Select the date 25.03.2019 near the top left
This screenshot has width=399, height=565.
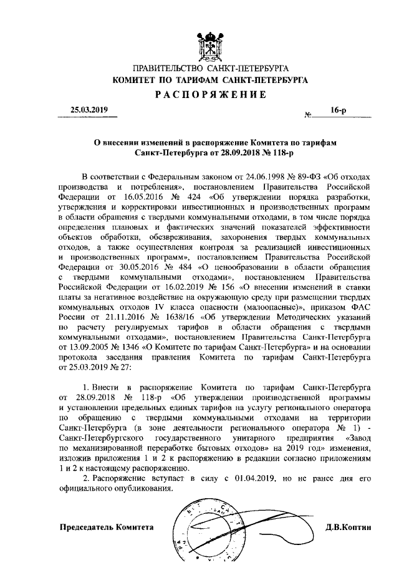[89, 111]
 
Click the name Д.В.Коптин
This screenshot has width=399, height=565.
[348, 527]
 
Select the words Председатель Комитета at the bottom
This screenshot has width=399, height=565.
[105, 527]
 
